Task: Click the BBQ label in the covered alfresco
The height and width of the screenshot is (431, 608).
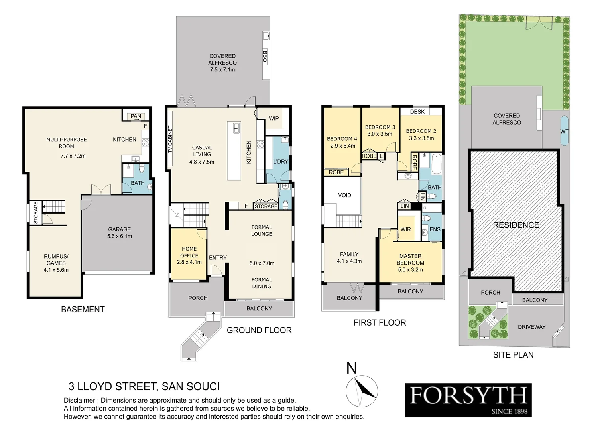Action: point(265,57)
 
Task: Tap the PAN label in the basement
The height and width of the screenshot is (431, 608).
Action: point(136,116)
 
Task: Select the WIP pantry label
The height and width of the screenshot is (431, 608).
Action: point(274,118)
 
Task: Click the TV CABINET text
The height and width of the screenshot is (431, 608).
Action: point(170,139)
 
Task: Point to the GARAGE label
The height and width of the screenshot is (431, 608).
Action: point(120,229)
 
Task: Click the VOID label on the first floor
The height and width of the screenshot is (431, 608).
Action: point(344,195)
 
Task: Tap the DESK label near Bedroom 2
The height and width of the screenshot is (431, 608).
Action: point(417,112)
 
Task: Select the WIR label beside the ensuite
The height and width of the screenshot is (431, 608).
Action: point(405,229)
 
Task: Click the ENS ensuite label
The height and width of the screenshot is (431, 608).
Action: point(435,229)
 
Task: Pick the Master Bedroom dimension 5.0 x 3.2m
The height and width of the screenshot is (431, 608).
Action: point(410,270)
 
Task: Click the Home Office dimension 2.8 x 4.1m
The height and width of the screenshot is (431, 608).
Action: point(189,262)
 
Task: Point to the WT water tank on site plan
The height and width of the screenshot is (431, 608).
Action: point(564,131)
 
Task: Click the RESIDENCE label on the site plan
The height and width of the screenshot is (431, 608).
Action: point(516,225)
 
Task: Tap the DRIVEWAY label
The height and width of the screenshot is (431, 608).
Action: point(532,327)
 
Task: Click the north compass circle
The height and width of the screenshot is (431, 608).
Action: point(362,391)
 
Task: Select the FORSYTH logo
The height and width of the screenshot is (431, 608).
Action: point(468,400)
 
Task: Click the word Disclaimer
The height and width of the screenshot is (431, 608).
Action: point(79,400)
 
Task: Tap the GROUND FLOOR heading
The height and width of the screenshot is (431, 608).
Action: point(259,330)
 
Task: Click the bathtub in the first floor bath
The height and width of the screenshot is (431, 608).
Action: point(437,164)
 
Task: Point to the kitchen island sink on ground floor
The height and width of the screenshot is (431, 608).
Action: point(236,128)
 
